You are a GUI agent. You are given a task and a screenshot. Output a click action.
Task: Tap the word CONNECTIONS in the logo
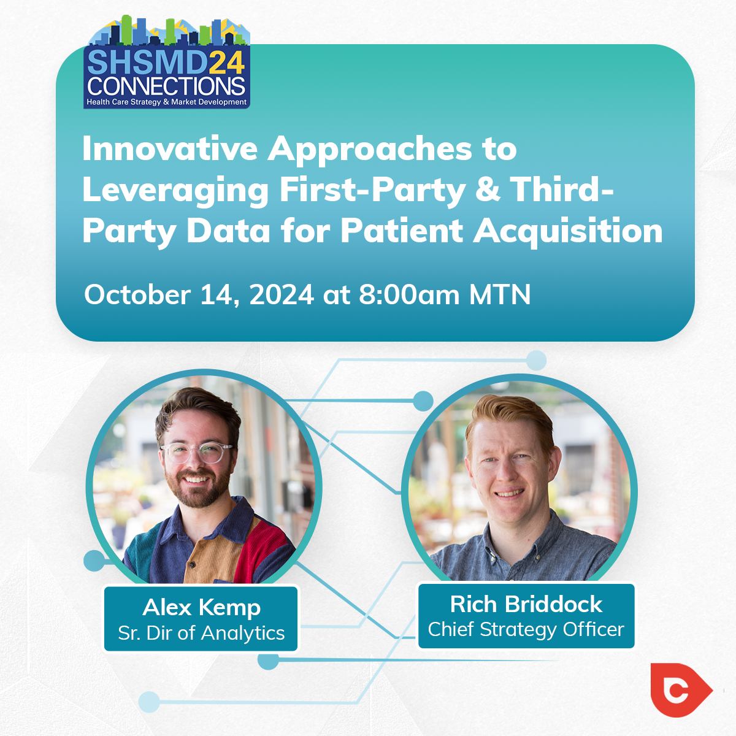click(x=166, y=86)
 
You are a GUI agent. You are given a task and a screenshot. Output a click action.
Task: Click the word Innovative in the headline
click(x=170, y=149)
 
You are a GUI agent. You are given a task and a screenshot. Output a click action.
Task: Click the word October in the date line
click(x=137, y=295)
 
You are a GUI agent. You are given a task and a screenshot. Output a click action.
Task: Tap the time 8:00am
click(x=408, y=295)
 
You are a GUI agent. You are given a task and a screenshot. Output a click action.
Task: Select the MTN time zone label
click(x=500, y=295)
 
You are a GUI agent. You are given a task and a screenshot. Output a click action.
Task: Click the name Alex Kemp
click(x=201, y=608)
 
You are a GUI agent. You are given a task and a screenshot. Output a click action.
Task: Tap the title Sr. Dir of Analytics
click(x=201, y=633)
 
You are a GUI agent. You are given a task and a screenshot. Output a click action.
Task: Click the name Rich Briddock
click(x=526, y=604)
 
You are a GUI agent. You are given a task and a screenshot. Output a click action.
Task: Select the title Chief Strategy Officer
click(x=526, y=629)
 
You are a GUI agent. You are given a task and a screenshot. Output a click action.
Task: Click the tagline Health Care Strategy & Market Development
click(x=167, y=102)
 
